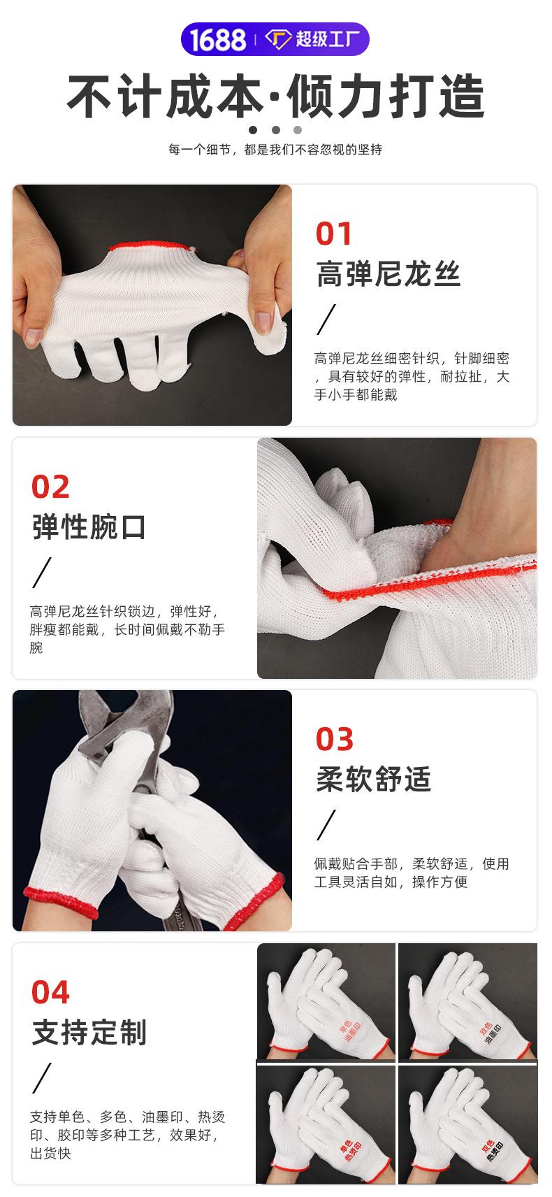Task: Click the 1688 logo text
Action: (x=219, y=39)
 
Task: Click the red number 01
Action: (x=333, y=234)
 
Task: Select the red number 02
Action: (x=50, y=487)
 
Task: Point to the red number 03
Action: (x=334, y=739)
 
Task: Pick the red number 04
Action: (x=50, y=992)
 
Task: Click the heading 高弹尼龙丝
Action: (x=388, y=273)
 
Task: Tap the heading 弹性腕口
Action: (x=89, y=526)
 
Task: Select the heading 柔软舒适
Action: (x=373, y=779)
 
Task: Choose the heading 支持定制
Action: (x=89, y=1032)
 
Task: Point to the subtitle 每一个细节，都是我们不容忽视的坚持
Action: (x=275, y=150)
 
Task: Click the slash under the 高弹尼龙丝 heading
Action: (x=326, y=320)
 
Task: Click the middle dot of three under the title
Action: (x=275, y=129)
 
